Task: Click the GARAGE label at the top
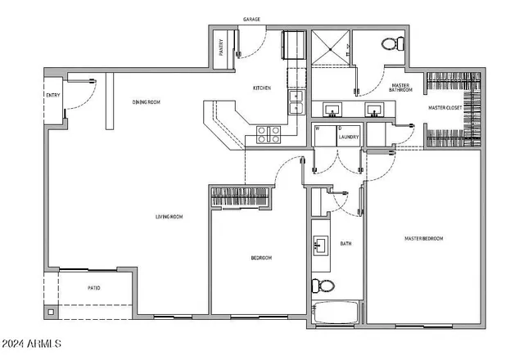pos(251,18)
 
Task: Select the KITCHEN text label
pos(261,88)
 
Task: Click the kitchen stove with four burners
pos(269,134)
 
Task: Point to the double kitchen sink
pos(296,103)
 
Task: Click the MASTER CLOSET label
pos(445,107)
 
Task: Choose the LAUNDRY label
pos(350,137)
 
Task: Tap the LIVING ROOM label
pos(169,217)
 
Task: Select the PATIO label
pos(94,288)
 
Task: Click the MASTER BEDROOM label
pos(423,238)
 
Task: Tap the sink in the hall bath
pos(320,246)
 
